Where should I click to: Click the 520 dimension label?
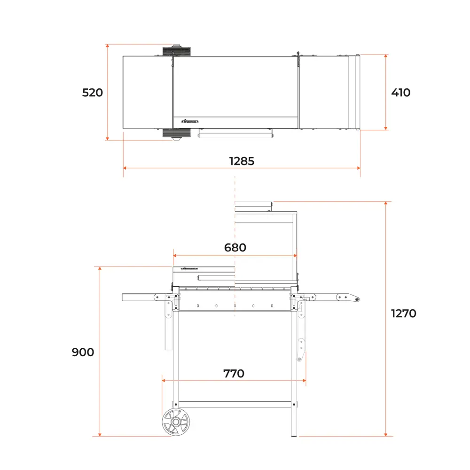click(x=93, y=93)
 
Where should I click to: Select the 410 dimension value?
click(x=400, y=93)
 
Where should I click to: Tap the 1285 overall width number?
click(x=242, y=161)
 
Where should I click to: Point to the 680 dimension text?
click(x=235, y=247)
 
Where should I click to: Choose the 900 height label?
click(x=83, y=352)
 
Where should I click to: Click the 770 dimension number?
click(x=234, y=374)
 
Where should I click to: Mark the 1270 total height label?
click(x=404, y=313)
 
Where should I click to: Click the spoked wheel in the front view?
click(x=176, y=422)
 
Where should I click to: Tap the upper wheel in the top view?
click(x=177, y=50)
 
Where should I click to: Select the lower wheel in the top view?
click(x=177, y=134)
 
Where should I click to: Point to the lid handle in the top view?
click(x=235, y=135)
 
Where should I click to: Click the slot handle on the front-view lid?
click(x=216, y=277)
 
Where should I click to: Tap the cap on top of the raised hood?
click(x=254, y=206)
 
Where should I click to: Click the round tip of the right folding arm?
click(x=357, y=300)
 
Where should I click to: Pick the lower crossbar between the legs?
click(x=235, y=404)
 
